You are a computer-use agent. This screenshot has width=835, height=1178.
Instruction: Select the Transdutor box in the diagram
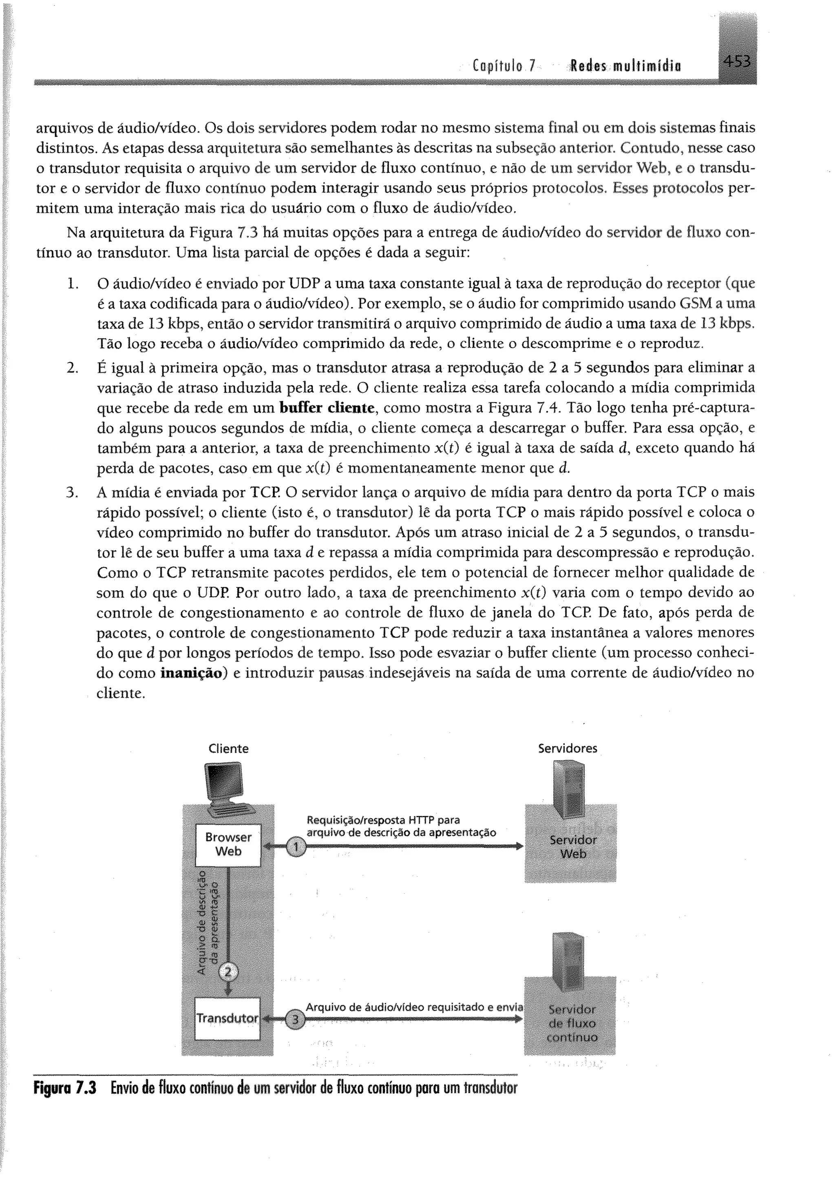coord(228,1018)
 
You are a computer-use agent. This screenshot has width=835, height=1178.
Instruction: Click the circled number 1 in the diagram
coord(296,847)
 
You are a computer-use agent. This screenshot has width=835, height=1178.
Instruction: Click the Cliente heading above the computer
coord(228,749)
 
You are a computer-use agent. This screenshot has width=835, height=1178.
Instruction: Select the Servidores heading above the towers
coord(568,748)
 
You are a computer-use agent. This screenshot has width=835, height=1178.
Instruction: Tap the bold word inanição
coord(194,673)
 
